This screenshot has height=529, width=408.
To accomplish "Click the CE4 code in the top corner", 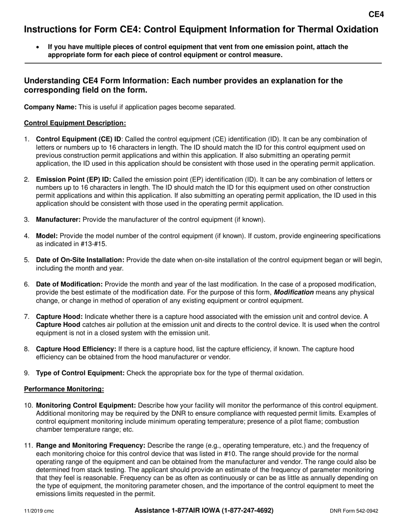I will (376, 15).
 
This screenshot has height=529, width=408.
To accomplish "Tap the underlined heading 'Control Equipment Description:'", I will (75, 123).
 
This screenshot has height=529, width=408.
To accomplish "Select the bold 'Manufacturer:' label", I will (58, 219).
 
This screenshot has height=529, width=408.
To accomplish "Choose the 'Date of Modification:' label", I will (70, 284).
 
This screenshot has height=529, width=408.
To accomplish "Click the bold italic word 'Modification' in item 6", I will (294, 292).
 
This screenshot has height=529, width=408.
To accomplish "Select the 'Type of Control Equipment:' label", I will (80, 373).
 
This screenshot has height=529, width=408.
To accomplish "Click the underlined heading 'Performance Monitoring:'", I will (64, 389).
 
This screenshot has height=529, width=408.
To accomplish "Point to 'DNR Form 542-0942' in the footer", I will (354, 511).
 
